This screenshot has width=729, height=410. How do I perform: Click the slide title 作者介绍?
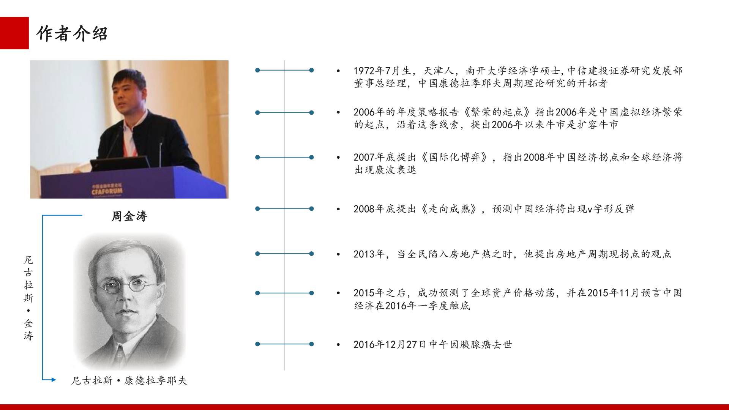coord(72,34)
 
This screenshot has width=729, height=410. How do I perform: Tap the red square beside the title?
coord(14,33)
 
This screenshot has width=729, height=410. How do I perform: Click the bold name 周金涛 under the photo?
coord(129,216)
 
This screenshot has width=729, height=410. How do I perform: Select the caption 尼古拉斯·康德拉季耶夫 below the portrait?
coord(129,380)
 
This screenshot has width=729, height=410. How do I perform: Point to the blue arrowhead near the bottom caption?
coord(54,380)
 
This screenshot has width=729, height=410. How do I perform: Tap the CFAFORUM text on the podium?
coord(107,191)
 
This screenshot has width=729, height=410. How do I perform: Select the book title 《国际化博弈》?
coord(454,157)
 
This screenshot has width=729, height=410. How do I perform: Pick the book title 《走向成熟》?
coord(449,209)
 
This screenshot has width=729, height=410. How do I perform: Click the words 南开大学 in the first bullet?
coord(487,71)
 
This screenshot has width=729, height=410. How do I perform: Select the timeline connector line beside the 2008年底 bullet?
coord(284,208)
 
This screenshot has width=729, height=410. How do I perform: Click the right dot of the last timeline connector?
coord(311,344)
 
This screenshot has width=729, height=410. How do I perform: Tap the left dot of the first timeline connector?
coord(257,70)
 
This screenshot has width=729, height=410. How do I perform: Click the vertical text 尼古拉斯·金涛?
coord(28,298)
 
